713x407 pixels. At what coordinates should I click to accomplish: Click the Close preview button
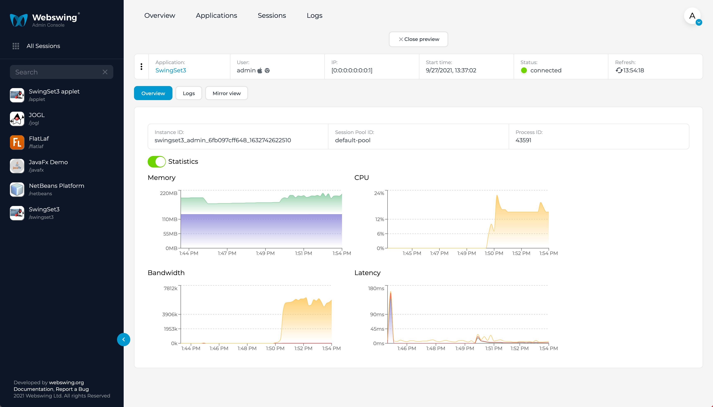418,39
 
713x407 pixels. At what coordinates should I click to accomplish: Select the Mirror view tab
226,93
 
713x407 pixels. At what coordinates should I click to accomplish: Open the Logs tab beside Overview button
189,93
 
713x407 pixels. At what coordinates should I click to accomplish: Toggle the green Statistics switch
157,162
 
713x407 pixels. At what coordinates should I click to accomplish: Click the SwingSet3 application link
170,71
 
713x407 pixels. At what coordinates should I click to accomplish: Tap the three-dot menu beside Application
141,67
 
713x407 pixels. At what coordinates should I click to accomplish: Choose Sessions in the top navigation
272,15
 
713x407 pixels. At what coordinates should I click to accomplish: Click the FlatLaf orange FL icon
17,142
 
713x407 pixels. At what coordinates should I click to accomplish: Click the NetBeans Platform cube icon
17,189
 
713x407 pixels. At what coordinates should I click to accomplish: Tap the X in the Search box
105,72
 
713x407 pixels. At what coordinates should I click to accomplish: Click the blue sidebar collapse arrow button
123,339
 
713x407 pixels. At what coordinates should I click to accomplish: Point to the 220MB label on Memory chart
169,193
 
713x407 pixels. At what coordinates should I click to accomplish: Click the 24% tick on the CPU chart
379,193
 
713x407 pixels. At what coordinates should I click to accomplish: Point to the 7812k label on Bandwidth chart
170,288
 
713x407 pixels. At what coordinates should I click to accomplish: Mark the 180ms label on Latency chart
376,288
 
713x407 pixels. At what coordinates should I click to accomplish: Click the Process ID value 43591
523,140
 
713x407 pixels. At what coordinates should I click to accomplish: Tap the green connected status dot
524,71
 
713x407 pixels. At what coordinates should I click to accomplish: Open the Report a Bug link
72,389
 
